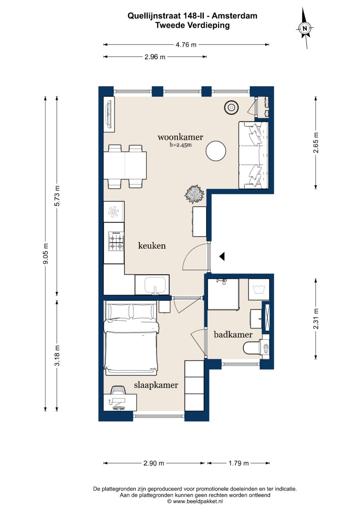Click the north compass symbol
click(305, 28)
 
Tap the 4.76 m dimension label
click(186, 45)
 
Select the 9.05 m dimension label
click(45, 253)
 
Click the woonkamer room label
click(180, 137)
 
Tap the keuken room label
click(152, 246)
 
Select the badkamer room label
click(233, 335)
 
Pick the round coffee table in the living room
click(216, 151)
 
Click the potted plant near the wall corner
click(194, 194)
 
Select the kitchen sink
click(155, 285)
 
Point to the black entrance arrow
click(222, 256)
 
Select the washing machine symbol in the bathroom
click(259, 289)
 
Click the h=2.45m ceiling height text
click(180, 145)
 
